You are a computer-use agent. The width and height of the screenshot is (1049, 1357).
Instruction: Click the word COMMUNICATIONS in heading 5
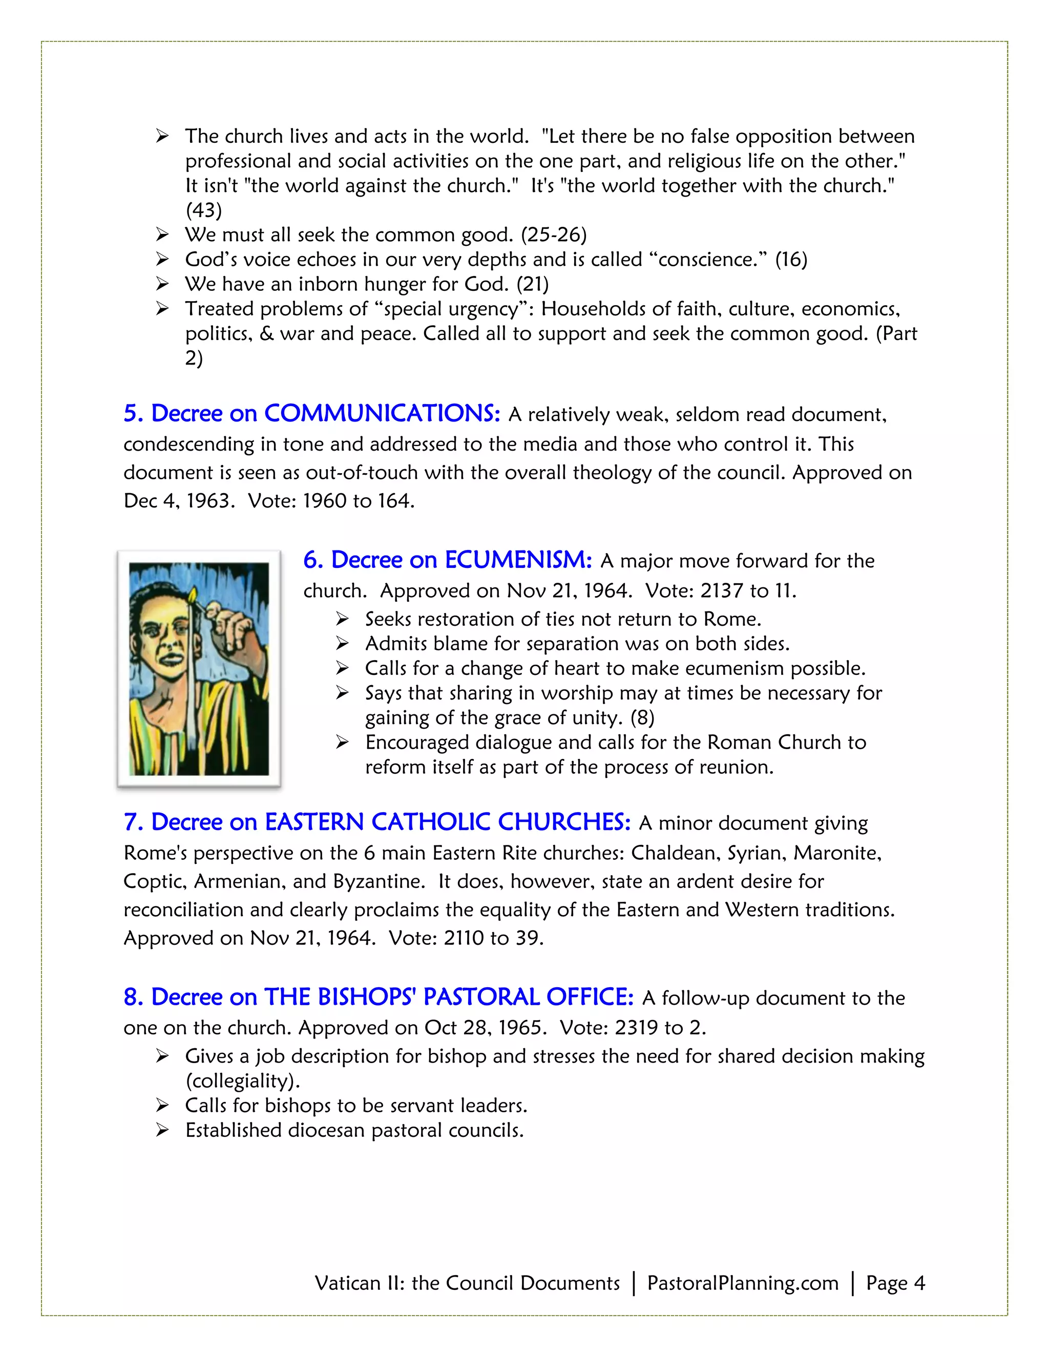(382, 414)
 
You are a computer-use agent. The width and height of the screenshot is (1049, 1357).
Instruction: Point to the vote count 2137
(722, 591)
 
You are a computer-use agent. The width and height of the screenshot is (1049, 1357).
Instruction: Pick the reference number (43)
(203, 210)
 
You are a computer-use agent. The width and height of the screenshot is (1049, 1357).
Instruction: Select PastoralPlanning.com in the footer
(743, 1283)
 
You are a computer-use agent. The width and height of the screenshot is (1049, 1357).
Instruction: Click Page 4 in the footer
(895, 1283)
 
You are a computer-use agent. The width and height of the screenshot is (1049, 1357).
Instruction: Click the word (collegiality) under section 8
(242, 1081)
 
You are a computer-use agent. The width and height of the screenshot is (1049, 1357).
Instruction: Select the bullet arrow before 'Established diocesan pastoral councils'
(162, 1130)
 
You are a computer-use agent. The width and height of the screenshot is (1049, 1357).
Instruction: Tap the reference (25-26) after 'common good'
(553, 235)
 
